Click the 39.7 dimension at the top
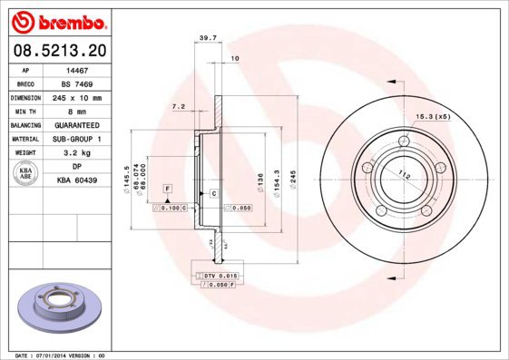pos(207,38)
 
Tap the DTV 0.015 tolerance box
pos(219,275)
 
